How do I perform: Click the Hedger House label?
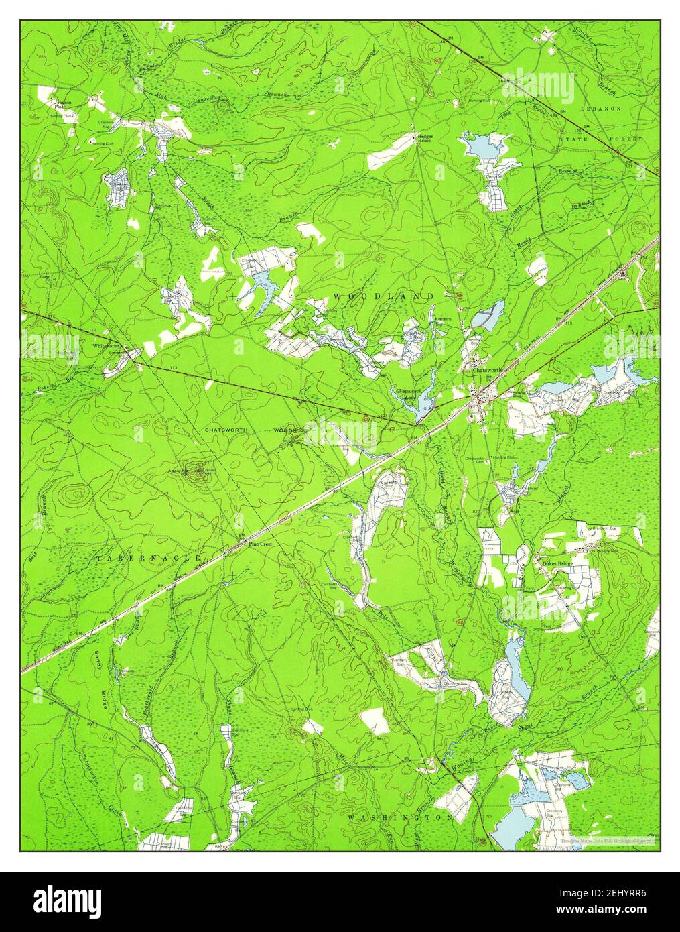point(425,139)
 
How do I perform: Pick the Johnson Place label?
point(63,105)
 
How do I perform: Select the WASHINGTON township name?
point(400,818)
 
